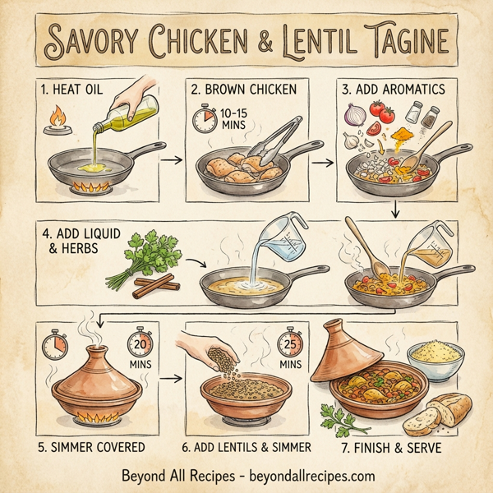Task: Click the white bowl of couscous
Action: coord(434,359)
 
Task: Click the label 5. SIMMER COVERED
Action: coord(90,448)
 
